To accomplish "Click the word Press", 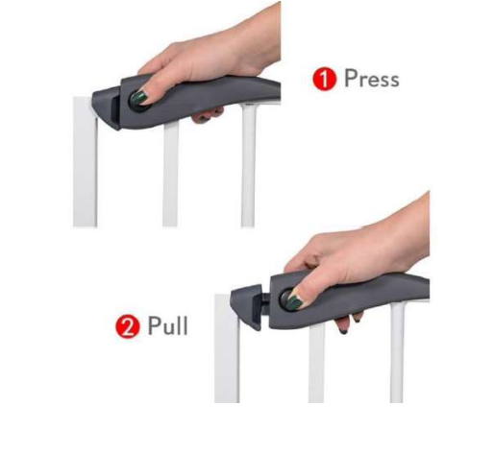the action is (x=372, y=79).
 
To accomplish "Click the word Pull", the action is (x=167, y=325).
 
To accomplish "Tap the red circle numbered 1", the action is (x=325, y=79).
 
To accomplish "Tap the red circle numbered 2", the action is (x=128, y=326).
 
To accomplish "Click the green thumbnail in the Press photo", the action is (x=139, y=97).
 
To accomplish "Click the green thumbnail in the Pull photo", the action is (x=293, y=302).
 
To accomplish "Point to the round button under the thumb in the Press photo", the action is (x=137, y=102).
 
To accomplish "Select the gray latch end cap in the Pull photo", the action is (x=246, y=305).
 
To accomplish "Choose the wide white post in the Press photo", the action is (x=86, y=162).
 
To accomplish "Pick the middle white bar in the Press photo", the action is (x=170, y=175).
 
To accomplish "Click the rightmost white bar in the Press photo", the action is (x=248, y=165).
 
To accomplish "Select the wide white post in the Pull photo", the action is (x=227, y=348).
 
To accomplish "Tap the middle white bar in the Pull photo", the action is (x=316, y=363).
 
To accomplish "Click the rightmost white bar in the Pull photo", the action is (x=397, y=352).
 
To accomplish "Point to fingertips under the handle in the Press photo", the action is (x=207, y=115).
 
